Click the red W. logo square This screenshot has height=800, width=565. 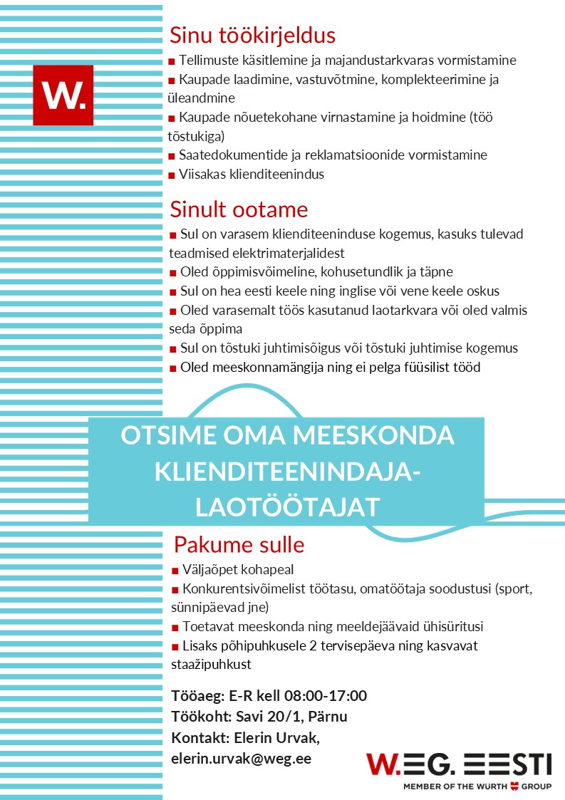click(x=63, y=95)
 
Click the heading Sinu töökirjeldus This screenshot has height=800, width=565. click(x=252, y=36)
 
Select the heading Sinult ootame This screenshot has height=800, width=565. click(x=239, y=209)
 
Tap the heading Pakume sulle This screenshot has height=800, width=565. click(x=239, y=545)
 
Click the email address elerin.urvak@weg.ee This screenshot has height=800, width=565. click(x=241, y=759)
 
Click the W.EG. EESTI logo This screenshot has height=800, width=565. click(x=459, y=764)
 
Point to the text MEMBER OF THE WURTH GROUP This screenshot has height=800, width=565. click(x=477, y=786)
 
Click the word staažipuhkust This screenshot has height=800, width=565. click(x=212, y=665)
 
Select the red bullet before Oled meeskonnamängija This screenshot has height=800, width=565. click(x=172, y=368)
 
